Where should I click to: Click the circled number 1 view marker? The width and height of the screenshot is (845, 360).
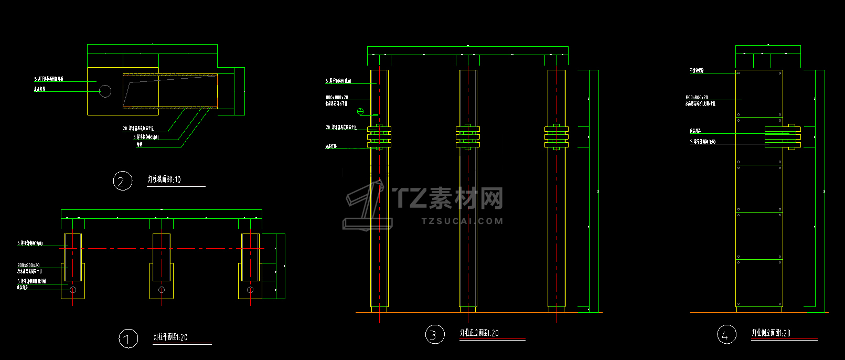tap(128, 338)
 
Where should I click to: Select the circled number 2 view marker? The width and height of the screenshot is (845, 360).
tap(122, 181)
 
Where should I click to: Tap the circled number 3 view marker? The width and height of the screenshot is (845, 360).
tap(434, 334)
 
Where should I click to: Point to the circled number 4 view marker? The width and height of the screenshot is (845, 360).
tap(726, 334)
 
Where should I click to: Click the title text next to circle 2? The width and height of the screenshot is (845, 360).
tap(164, 179)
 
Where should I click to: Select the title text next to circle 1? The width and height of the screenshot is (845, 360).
tap(170, 337)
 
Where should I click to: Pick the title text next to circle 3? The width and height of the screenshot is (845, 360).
tap(479, 333)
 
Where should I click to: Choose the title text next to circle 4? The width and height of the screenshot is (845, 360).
tap(771, 333)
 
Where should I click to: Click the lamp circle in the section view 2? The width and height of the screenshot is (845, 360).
tap(105, 91)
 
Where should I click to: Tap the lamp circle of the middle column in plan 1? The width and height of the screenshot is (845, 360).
tap(162, 290)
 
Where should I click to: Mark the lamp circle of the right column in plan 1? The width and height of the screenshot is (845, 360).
tap(250, 290)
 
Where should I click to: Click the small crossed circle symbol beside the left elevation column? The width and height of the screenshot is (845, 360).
tap(360, 111)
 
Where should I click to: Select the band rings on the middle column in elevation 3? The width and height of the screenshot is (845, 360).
tap(468, 137)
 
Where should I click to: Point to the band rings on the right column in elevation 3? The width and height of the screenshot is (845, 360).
tap(557, 137)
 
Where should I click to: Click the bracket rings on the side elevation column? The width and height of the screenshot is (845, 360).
tap(783, 136)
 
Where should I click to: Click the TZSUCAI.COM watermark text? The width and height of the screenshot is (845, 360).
tap(462, 221)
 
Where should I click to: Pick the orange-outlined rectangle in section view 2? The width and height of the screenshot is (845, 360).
tap(170, 91)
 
